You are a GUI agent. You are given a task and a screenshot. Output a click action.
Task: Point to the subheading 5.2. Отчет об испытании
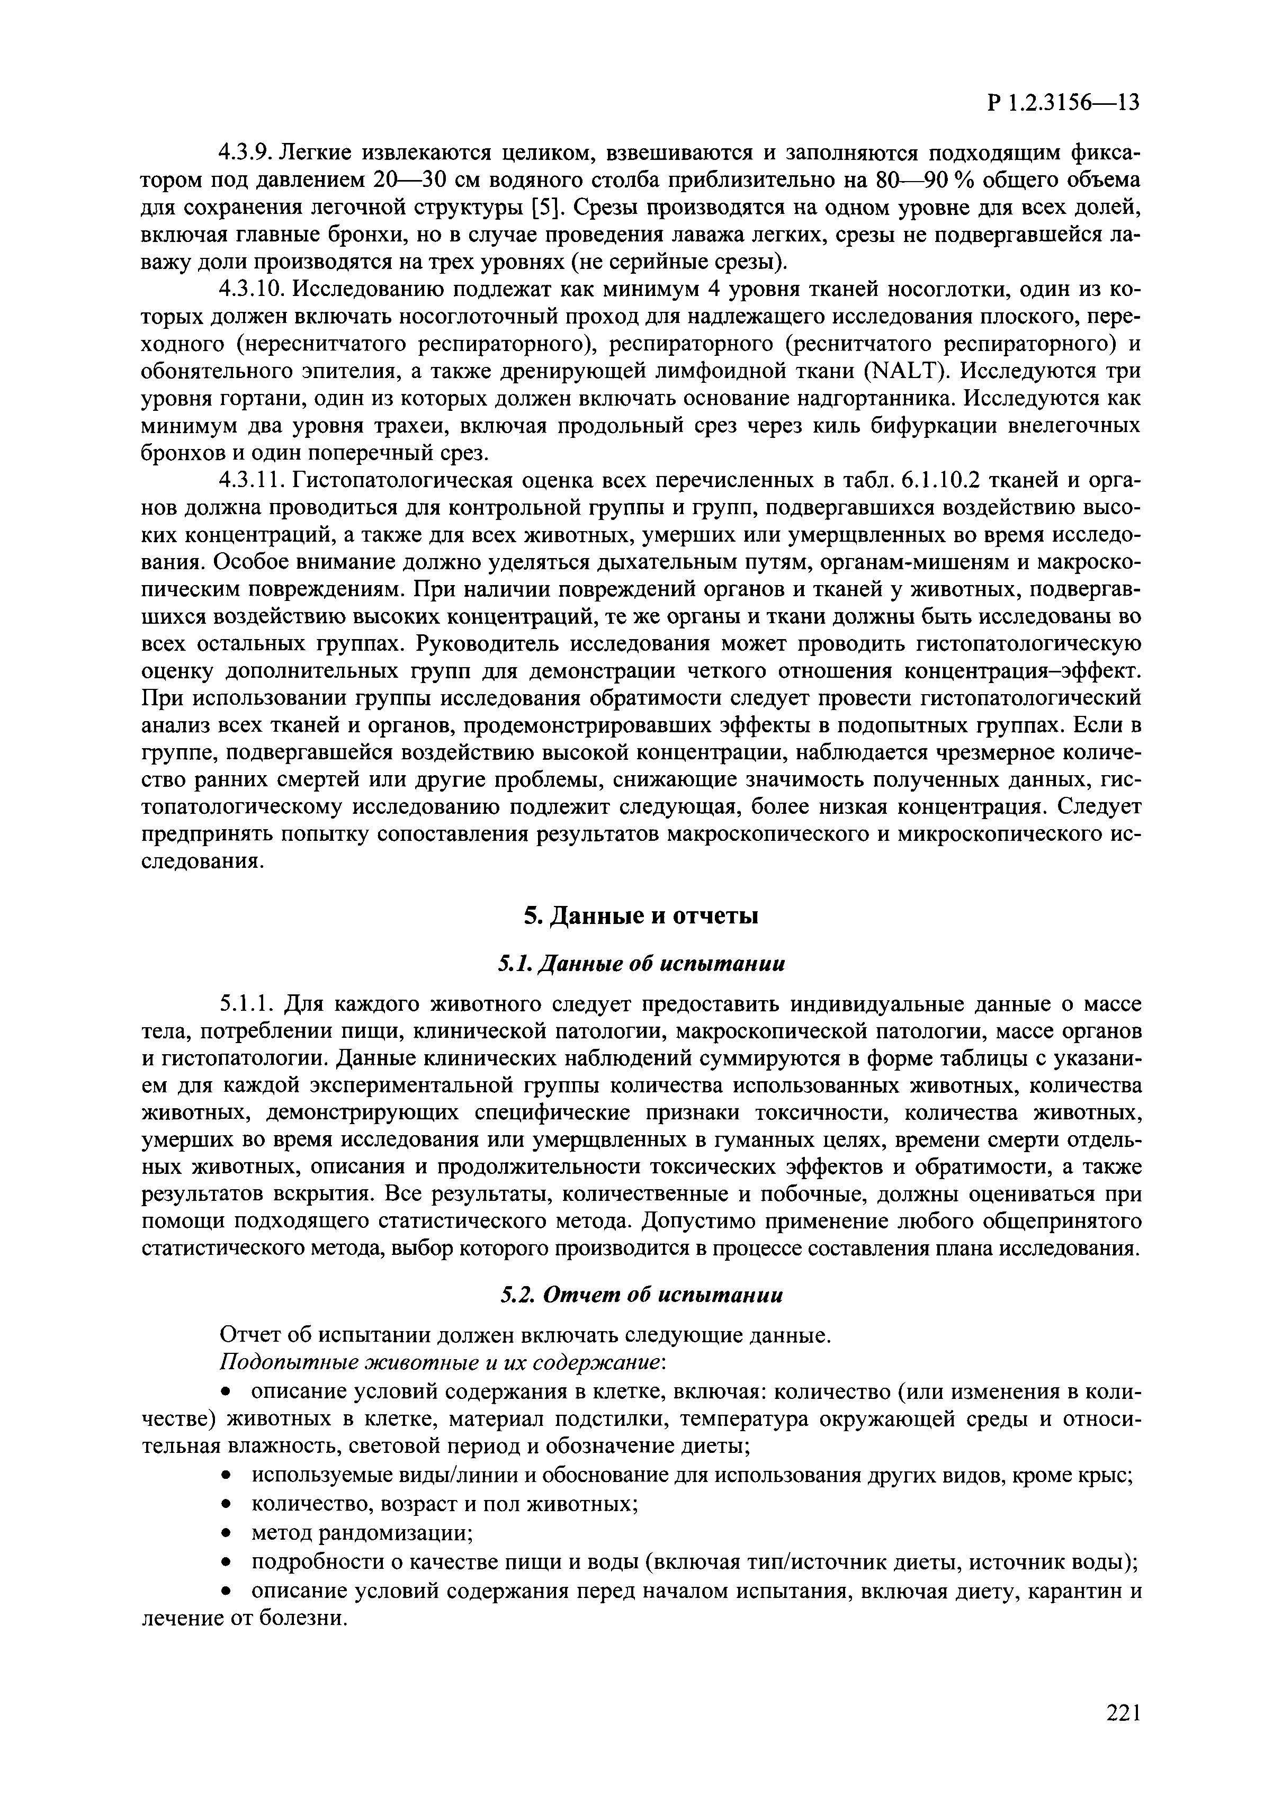[x=641, y=1296]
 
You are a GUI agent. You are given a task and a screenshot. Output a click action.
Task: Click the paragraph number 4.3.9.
[x=245, y=151]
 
